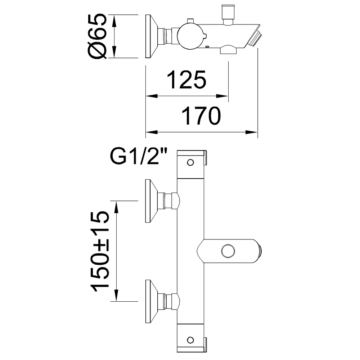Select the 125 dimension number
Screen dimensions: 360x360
tap(187, 80)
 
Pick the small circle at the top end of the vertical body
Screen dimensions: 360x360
tap(190, 162)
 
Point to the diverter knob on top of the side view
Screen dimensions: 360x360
tap(228, 13)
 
